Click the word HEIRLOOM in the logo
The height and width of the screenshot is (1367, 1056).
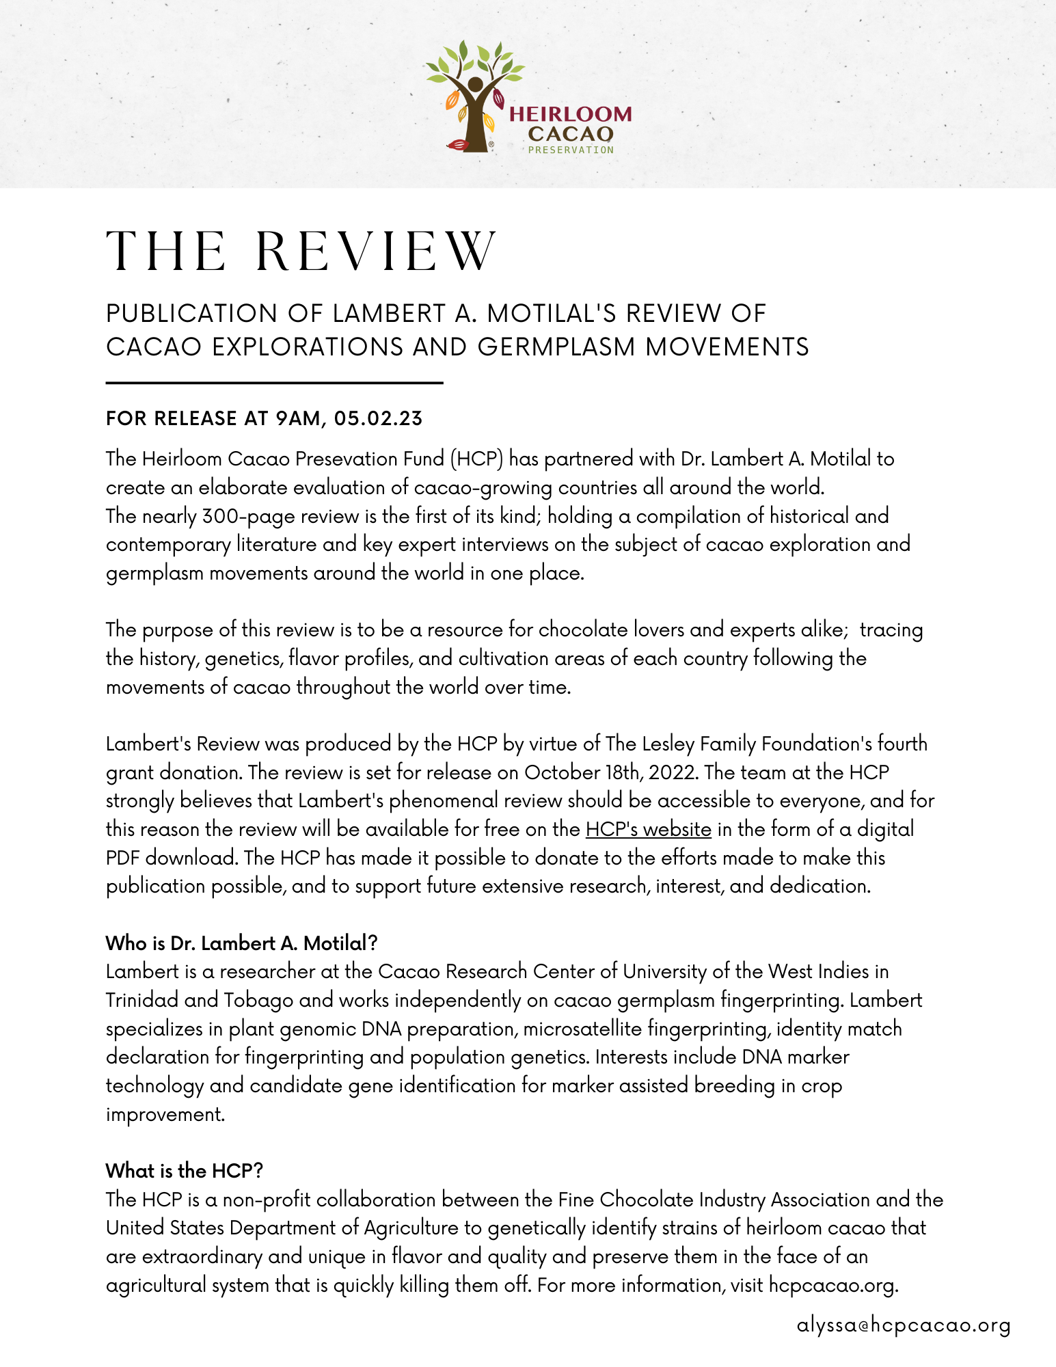(x=571, y=114)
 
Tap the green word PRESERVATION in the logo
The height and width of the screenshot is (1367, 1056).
(x=571, y=150)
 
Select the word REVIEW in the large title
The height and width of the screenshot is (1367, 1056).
(x=376, y=252)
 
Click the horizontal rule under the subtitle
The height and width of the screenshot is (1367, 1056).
(x=274, y=383)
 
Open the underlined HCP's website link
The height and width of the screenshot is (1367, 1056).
(x=648, y=829)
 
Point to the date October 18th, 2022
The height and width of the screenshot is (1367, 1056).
(x=611, y=772)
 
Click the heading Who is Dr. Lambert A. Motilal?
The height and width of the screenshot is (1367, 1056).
(x=241, y=943)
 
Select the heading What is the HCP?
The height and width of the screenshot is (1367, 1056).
(x=184, y=1171)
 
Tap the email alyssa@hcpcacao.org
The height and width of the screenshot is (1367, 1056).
(x=903, y=1325)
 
